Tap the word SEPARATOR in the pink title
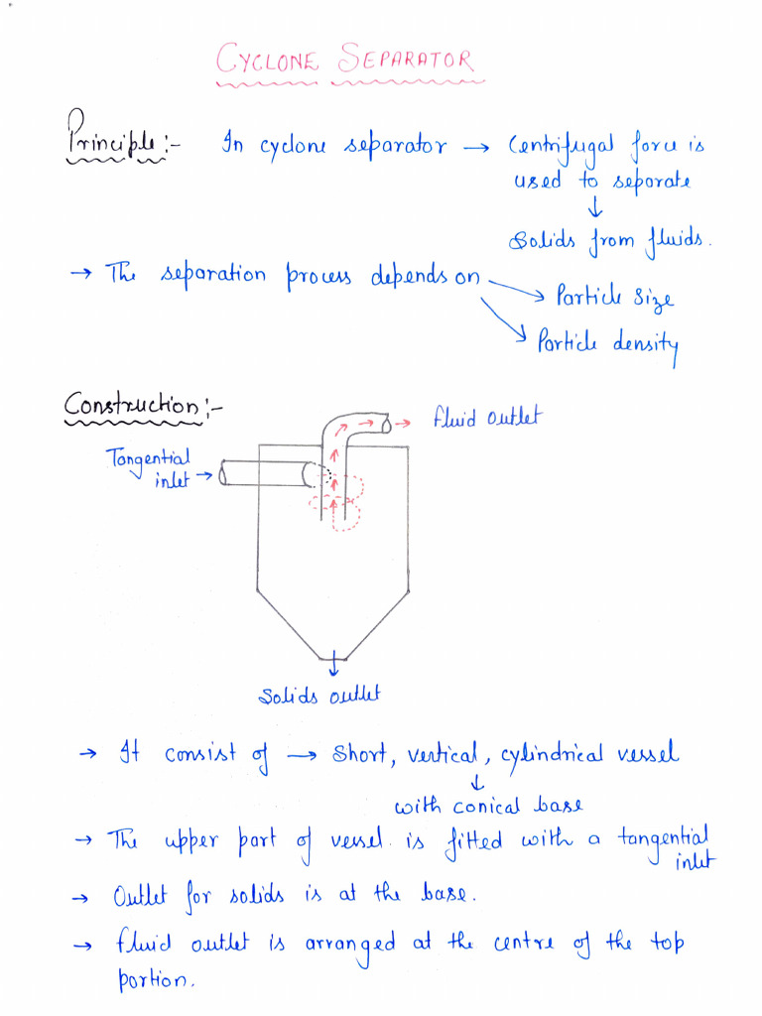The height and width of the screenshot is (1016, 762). [x=406, y=62]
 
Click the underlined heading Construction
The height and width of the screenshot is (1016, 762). [x=131, y=406]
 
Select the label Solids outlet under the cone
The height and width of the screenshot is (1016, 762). [x=319, y=697]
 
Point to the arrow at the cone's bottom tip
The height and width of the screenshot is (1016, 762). [x=334, y=659]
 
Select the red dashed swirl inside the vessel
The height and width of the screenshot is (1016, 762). [x=339, y=501]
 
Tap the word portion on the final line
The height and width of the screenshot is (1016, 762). [x=150, y=982]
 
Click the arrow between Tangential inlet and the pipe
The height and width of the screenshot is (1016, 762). [x=204, y=475]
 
